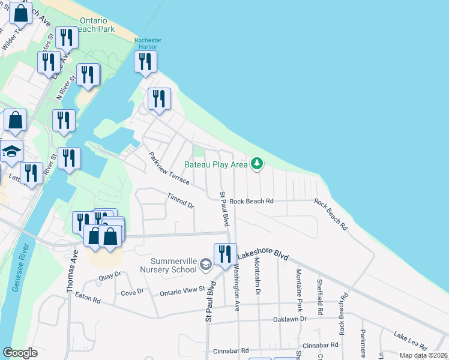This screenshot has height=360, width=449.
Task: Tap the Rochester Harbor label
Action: click(x=148, y=44)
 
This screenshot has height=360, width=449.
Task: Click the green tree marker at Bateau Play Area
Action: click(x=257, y=163)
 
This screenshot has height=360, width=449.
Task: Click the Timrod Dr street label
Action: click(x=181, y=200)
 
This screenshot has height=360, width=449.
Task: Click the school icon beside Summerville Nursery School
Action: click(x=205, y=265)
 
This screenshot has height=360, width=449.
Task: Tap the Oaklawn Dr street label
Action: click(x=291, y=319)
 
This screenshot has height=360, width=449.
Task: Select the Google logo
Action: click(x=20, y=353)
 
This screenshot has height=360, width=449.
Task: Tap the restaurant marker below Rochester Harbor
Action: click(x=145, y=62)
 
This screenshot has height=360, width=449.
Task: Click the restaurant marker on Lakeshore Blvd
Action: click(x=225, y=253)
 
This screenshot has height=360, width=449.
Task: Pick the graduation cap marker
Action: click(x=11, y=152)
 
